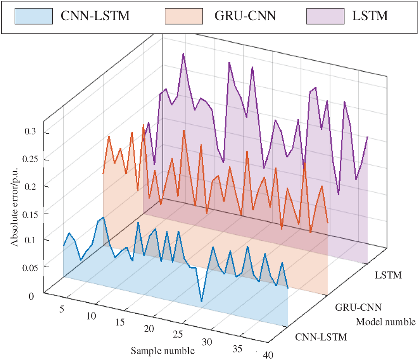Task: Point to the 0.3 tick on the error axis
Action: pos(30,132)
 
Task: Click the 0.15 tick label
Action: pos(28,213)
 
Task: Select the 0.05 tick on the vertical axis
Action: pos(28,267)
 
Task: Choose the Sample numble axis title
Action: pos(162,351)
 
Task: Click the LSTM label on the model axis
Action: pos(388,276)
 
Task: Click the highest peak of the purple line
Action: pos(183,54)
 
